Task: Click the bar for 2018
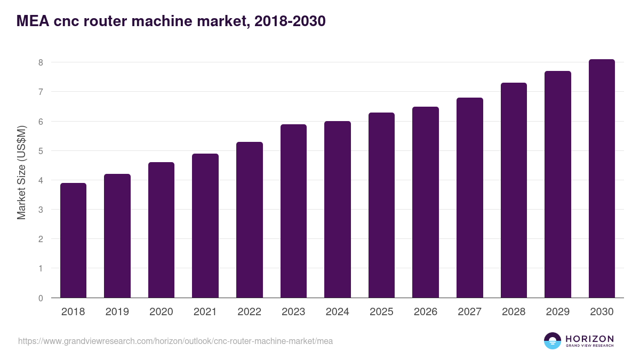click(x=73, y=241)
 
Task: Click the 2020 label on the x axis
click(x=161, y=312)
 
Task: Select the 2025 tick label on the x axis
click(x=381, y=312)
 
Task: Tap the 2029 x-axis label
click(x=558, y=312)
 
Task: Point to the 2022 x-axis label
click(x=249, y=312)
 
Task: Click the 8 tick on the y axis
click(x=40, y=62)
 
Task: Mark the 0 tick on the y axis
click(x=40, y=298)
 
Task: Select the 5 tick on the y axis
click(x=40, y=151)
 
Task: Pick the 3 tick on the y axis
click(x=40, y=210)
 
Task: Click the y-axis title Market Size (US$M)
click(x=21, y=173)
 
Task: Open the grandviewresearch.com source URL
click(x=175, y=341)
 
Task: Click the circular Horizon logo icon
click(x=553, y=341)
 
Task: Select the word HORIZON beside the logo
click(x=589, y=339)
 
